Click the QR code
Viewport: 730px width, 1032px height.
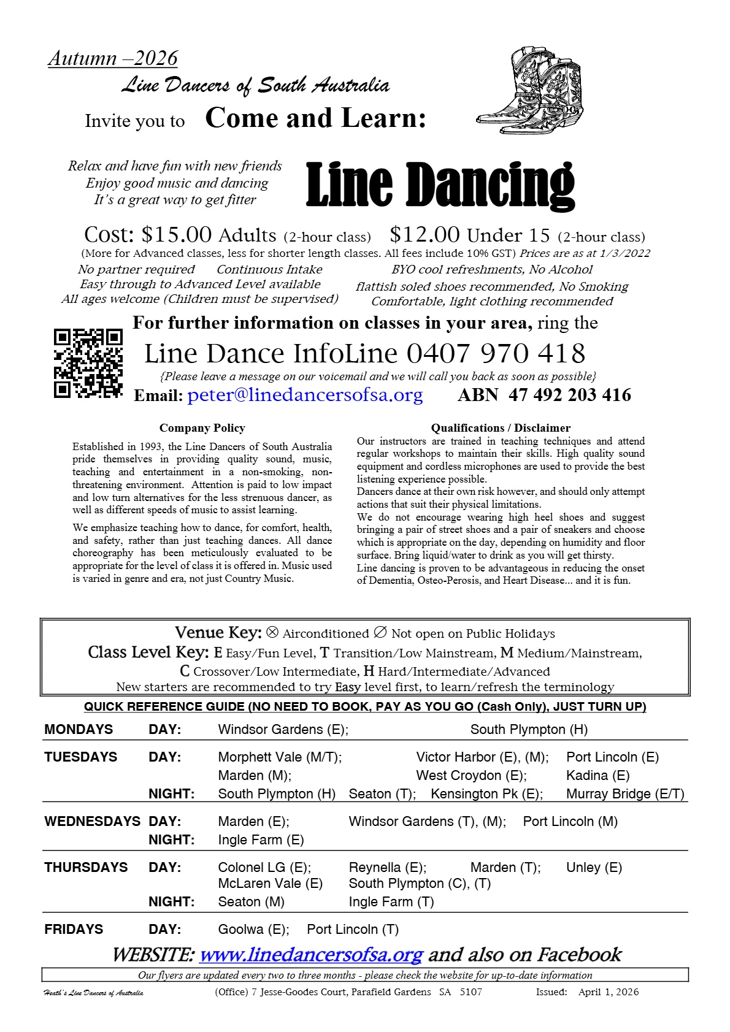point(88,364)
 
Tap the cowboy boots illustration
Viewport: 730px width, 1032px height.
point(531,91)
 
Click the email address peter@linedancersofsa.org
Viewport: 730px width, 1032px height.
point(305,395)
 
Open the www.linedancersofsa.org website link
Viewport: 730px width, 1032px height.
point(311,955)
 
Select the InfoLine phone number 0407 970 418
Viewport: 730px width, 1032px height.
point(496,354)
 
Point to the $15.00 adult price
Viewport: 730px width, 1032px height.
point(177,235)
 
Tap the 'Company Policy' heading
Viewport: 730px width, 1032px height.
point(202,428)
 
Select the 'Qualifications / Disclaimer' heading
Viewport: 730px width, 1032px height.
point(501,428)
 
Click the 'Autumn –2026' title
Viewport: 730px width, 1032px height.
point(113,58)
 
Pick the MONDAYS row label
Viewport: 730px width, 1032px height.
point(79,729)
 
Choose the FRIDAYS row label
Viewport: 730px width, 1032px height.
point(74,929)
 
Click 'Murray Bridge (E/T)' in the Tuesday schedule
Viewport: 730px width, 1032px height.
point(625,793)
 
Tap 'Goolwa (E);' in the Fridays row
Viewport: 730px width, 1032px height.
point(253,929)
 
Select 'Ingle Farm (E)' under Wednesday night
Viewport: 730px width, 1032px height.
point(261,839)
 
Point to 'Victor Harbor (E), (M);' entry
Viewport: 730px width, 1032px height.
point(482,757)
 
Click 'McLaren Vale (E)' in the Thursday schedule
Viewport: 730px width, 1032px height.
point(270,883)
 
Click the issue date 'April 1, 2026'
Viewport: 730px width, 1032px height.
point(608,992)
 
